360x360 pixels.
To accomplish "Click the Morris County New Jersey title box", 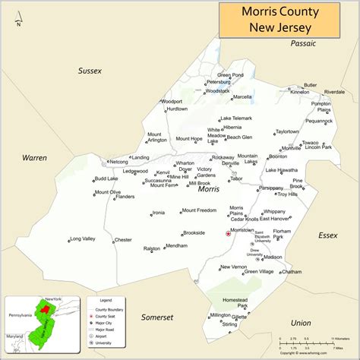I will pyautogui.click(x=289, y=19).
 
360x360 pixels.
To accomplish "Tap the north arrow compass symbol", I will pyautogui.click(x=20, y=15).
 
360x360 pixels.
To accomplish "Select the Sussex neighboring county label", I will pyautogui.click(x=90, y=71).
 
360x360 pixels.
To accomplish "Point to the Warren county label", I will pyautogui.click(x=34, y=157).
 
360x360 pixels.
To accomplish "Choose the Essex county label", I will pyautogui.click(x=327, y=235).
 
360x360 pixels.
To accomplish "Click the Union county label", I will pyautogui.click(x=300, y=323).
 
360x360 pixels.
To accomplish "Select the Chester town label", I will pyautogui.click(x=122, y=240).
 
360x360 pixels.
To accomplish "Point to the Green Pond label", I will pyautogui.click(x=230, y=75).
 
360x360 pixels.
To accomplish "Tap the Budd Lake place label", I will pyautogui.click(x=106, y=178).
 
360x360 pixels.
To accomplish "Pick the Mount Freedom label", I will pyautogui.click(x=199, y=210).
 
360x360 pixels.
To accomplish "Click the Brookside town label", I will pyautogui.click(x=194, y=232).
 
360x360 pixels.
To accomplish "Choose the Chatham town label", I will pyautogui.click(x=292, y=271).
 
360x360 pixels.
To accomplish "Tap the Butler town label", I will pyautogui.click(x=311, y=85).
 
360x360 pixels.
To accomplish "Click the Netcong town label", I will pyautogui.click(x=118, y=161).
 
